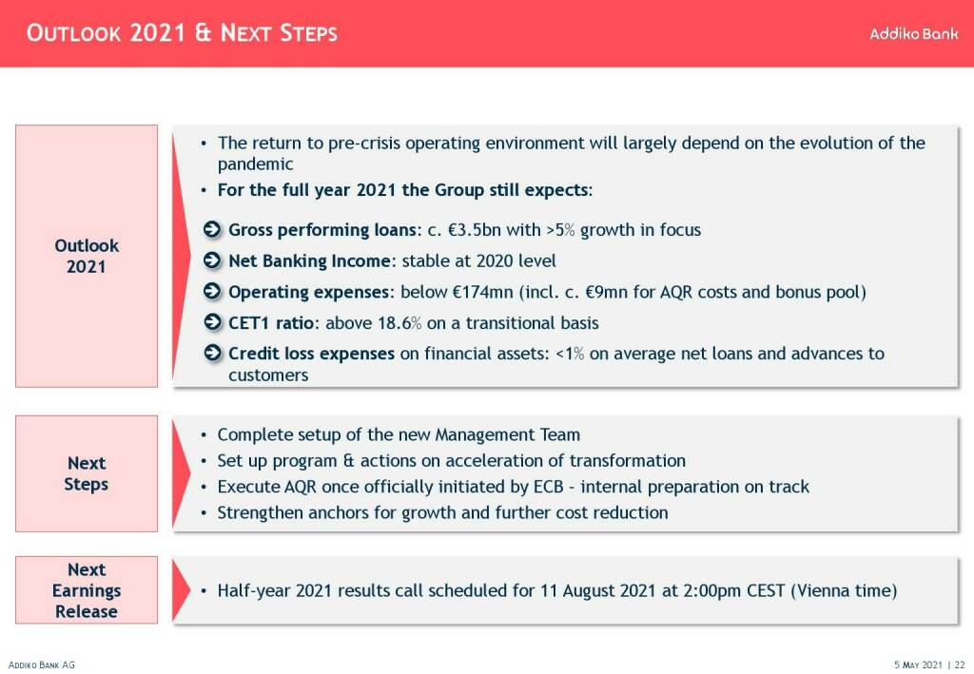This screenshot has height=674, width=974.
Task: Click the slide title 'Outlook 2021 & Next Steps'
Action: pos(181,34)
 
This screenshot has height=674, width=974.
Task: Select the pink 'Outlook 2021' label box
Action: pos(87,256)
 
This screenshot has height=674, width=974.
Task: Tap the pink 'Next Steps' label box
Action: pos(87,473)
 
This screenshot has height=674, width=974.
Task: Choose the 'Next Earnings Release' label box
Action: pos(87,590)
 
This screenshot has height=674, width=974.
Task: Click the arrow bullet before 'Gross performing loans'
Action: pos(213,230)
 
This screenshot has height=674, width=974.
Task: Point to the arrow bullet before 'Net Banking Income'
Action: pos(213,261)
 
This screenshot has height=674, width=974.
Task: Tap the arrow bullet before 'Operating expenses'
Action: pos(213,292)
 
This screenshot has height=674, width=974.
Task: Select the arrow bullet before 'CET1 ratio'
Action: pos(213,323)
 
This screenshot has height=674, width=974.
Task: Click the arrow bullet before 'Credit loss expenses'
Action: pos(213,354)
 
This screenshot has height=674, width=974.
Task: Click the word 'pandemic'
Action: pos(256,164)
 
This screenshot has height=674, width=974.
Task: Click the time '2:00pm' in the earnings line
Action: pos(700,590)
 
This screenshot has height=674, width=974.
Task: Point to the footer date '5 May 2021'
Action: pos(919,664)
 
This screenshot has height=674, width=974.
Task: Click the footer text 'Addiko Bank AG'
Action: pos(41,664)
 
